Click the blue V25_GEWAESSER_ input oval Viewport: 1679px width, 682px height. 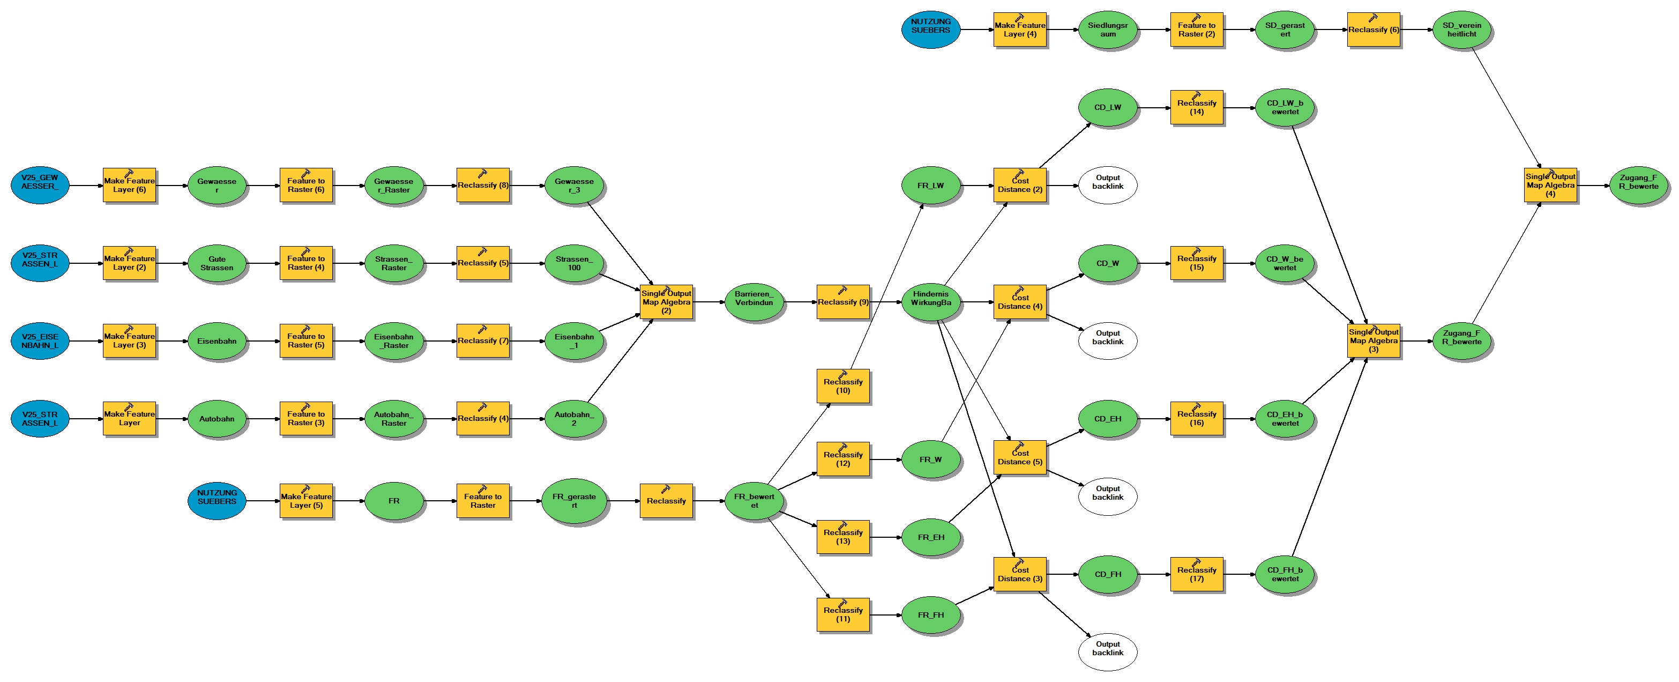pyautogui.click(x=40, y=185)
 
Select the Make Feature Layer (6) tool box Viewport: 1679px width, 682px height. pyautogui.click(x=129, y=185)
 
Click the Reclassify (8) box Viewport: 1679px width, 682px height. pyautogui.click(x=483, y=185)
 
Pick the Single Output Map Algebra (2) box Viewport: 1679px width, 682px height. pyautogui.click(x=666, y=302)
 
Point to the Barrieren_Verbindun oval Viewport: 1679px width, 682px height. pyautogui.click(x=754, y=302)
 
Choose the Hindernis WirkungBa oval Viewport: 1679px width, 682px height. pyautogui.click(x=931, y=302)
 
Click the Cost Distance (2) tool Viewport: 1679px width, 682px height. pyautogui.click(x=1020, y=185)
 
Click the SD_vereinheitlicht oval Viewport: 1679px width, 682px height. pyautogui.click(x=1462, y=30)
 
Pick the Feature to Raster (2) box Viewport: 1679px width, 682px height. pyautogui.click(x=1197, y=30)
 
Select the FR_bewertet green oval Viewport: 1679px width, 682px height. pyautogui.click(x=754, y=501)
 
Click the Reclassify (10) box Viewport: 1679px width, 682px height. pyautogui.click(x=843, y=386)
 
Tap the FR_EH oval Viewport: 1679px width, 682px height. pyautogui.click(x=931, y=537)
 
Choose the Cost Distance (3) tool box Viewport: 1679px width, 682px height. pyautogui.click(x=1020, y=574)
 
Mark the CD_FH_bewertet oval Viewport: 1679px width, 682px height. pyautogui.click(x=1285, y=574)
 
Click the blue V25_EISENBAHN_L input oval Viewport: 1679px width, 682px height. pyautogui.click(x=40, y=341)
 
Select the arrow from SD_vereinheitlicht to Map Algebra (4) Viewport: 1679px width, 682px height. pyautogui.click(x=1505, y=108)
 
